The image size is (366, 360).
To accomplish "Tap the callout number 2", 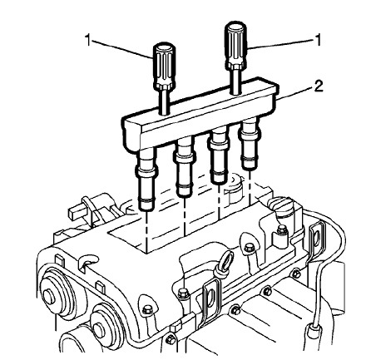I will click(x=319, y=85).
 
